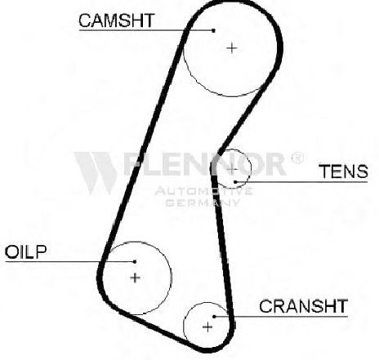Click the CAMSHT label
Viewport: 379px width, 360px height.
(x=117, y=20)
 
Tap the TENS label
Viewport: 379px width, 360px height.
(x=344, y=171)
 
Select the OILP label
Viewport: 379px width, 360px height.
(x=25, y=251)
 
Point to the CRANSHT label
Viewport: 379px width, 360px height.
(x=303, y=306)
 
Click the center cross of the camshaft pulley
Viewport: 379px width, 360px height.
(x=232, y=48)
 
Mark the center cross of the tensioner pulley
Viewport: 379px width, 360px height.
(x=231, y=170)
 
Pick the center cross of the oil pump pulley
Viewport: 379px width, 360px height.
(x=135, y=278)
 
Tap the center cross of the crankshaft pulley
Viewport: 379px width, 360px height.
(x=207, y=327)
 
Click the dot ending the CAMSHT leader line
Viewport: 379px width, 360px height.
(x=214, y=30)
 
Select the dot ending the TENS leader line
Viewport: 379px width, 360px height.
(x=235, y=182)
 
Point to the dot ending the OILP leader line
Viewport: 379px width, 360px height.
(x=135, y=262)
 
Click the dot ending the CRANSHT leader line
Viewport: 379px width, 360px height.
(x=214, y=317)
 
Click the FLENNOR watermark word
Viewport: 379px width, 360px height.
(x=205, y=163)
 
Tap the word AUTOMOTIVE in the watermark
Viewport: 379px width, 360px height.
(x=203, y=191)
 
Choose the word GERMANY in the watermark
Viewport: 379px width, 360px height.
(x=203, y=202)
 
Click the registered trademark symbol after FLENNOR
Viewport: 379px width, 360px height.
(x=297, y=158)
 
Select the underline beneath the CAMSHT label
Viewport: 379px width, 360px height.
(x=146, y=30)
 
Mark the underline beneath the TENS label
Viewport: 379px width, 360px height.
(x=301, y=182)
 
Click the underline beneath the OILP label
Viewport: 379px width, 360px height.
(x=70, y=262)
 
